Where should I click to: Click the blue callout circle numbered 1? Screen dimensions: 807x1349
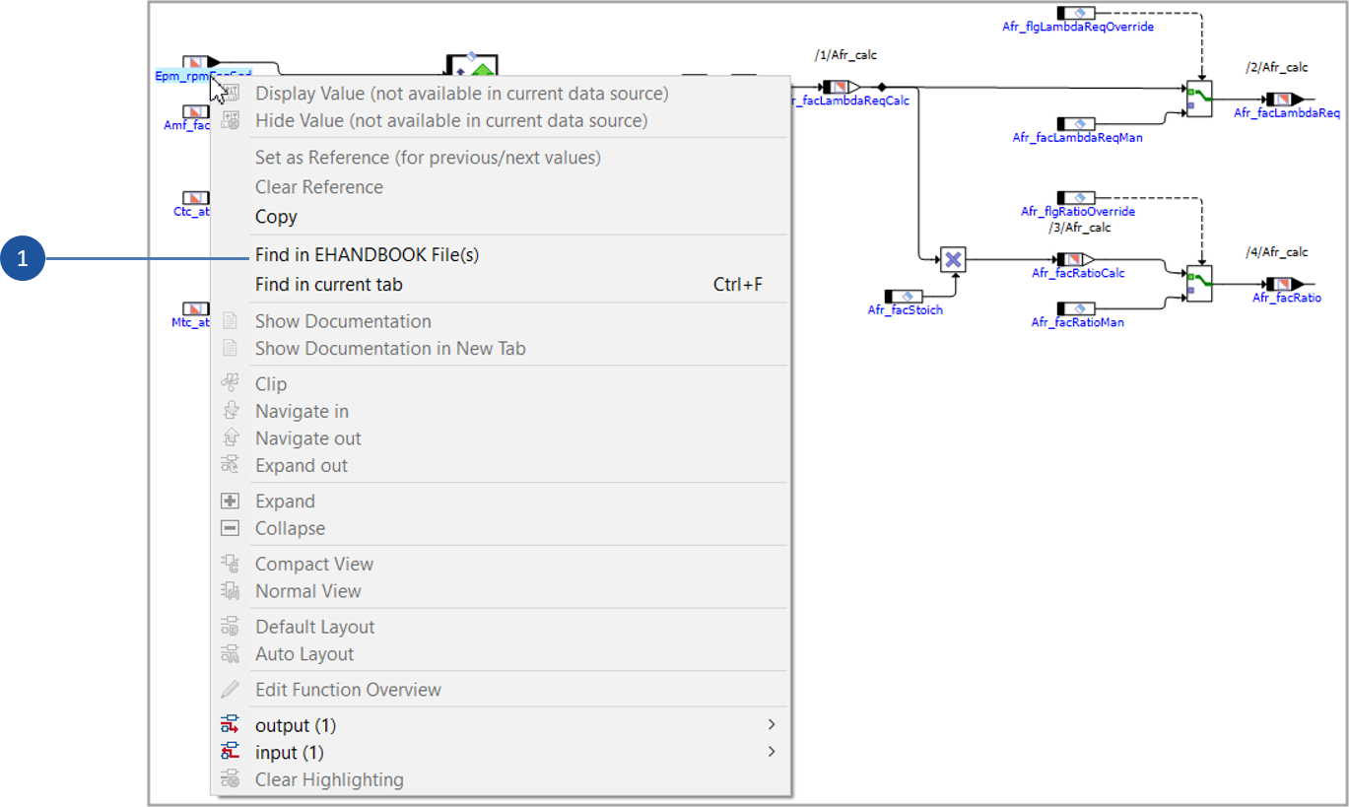(23, 259)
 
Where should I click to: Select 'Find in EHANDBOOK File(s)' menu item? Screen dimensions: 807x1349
(367, 255)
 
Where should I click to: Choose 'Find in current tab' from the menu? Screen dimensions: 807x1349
(328, 285)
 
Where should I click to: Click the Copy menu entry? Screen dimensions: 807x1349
(276, 217)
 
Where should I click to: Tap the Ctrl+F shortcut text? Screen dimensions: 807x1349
(737, 285)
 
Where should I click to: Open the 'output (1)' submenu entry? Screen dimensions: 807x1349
(296, 726)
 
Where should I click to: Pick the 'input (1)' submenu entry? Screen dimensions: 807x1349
(290, 753)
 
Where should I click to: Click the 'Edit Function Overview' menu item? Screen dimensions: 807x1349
(348, 690)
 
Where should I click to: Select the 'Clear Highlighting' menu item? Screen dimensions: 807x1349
(329, 779)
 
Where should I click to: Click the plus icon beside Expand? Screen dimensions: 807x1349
(230, 502)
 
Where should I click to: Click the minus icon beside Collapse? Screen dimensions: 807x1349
(230, 528)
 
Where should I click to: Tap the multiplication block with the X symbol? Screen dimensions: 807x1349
(953, 259)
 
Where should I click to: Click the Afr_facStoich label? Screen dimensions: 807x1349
(905, 310)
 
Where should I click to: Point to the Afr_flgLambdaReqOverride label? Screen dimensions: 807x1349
(1077, 27)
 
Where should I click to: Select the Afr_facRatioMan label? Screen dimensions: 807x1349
(1077, 322)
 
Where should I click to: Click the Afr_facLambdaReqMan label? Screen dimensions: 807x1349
(1077, 138)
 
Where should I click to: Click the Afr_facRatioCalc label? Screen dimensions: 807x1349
(1078, 273)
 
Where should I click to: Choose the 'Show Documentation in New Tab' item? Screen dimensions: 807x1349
(390, 349)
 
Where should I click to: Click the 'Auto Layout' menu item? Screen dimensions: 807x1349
(304, 654)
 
